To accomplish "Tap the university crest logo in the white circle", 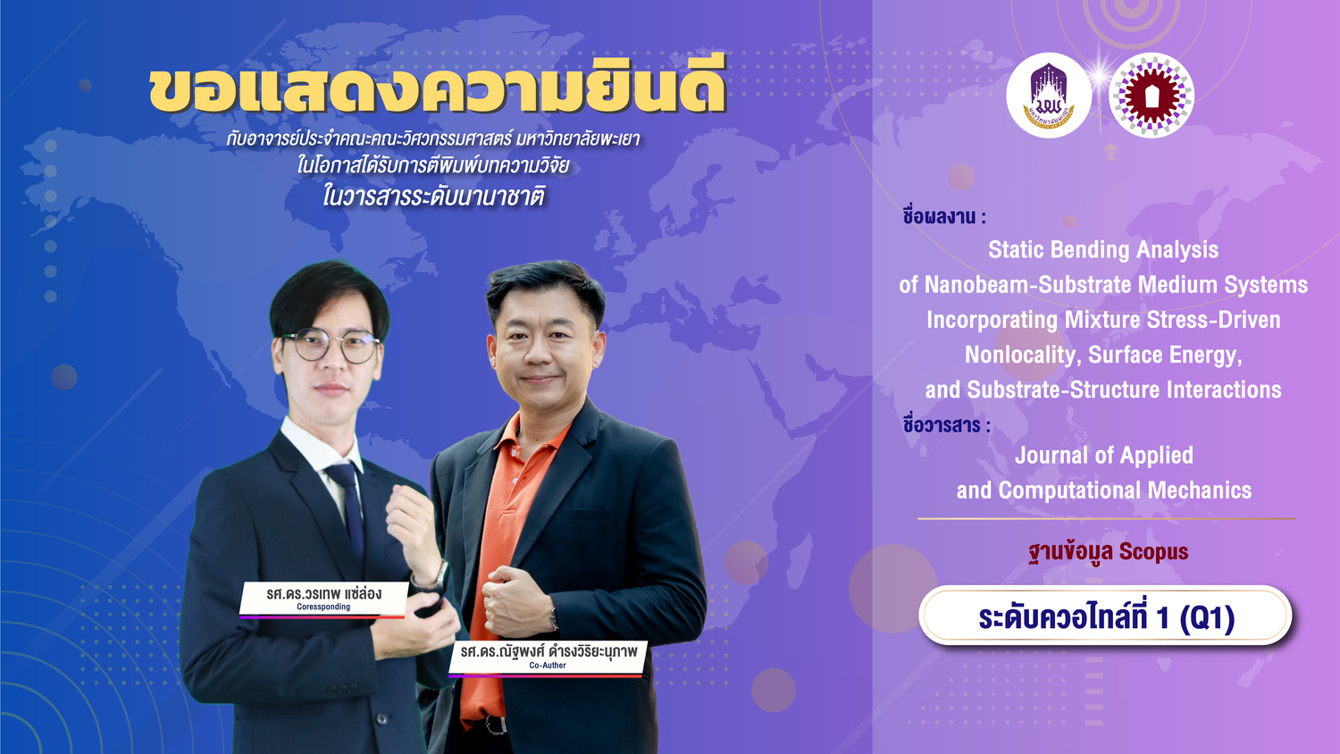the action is pyautogui.click(x=1049, y=96).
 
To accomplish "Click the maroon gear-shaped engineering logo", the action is pyautogui.click(x=1151, y=96).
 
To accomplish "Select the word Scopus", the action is pyautogui.click(x=1153, y=551).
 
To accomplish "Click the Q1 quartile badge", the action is pyautogui.click(x=1106, y=616).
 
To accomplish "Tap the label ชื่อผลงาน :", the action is pyautogui.click(x=944, y=216).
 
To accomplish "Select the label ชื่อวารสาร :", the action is pyautogui.click(x=946, y=425).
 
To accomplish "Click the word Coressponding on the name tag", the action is pyautogui.click(x=323, y=607).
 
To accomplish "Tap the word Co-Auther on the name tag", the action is pyautogui.click(x=548, y=665).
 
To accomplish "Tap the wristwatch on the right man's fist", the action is pyautogui.click(x=553, y=618).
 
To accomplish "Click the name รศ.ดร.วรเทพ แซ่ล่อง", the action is pyautogui.click(x=323, y=593).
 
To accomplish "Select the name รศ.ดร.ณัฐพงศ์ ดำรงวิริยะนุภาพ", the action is pyautogui.click(x=549, y=651).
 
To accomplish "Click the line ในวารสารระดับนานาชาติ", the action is pyautogui.click(x=433, y=197).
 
